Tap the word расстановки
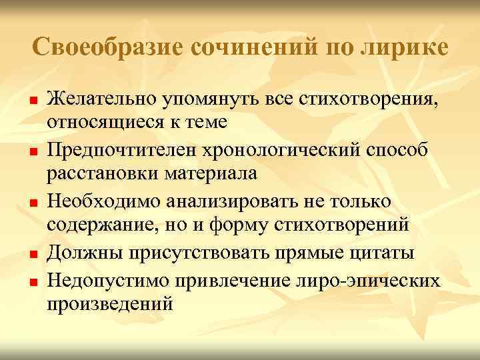[102, 175]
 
